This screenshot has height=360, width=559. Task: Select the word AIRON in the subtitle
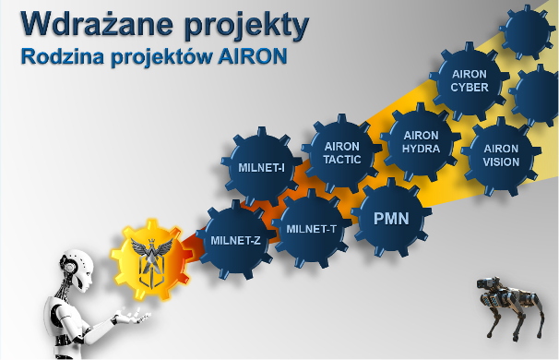253,56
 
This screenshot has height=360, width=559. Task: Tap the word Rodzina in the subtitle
63,56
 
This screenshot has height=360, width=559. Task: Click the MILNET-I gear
261,167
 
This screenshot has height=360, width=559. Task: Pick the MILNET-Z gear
235,240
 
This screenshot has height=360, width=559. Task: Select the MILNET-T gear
311,228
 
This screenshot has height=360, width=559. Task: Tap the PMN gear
391,218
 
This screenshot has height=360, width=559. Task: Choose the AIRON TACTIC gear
342,153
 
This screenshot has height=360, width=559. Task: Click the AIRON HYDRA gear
421,142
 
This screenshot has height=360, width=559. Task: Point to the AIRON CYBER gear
470,81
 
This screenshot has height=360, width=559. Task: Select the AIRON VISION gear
501,156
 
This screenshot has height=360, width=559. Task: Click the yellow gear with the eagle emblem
151,259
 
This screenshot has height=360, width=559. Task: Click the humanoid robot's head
76,270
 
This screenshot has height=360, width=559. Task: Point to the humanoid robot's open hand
133,317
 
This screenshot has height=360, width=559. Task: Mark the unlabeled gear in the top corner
527,31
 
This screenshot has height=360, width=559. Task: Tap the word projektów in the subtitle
161,57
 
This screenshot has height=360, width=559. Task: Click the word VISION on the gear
501,162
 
